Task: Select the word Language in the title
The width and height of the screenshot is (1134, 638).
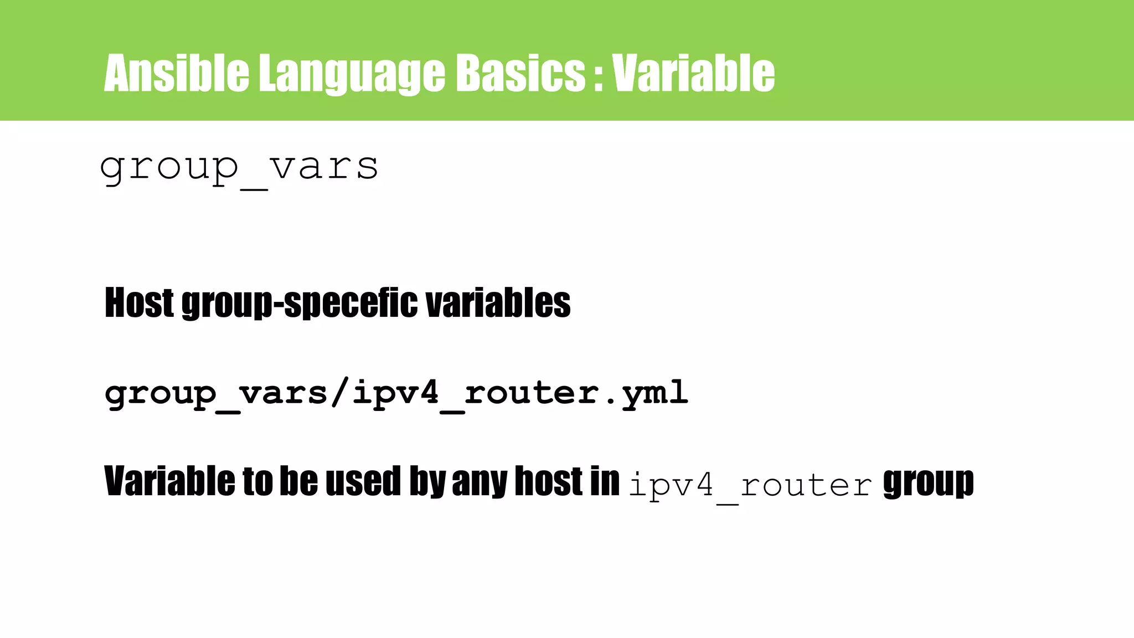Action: (x=352, y=74)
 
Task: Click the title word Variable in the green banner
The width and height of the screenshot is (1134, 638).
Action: (x=693, y=73)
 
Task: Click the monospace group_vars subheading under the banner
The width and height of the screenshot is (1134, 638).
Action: (x=239, y=168)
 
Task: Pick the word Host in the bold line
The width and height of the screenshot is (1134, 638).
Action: (x=139, y=303)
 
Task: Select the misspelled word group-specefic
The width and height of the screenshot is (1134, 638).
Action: (x=300, y=304)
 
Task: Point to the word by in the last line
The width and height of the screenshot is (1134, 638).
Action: (x=427, y=482)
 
